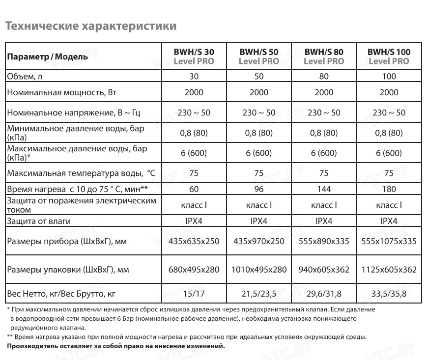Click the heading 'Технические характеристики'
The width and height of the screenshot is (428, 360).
click(90, 26)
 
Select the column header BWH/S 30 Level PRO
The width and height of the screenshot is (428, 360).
click(194, 56)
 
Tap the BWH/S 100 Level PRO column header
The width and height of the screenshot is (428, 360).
click(389, 56)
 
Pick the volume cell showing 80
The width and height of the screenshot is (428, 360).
click(324, 76)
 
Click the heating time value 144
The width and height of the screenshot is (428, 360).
click(324, 189)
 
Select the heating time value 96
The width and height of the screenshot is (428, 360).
click(259, 189)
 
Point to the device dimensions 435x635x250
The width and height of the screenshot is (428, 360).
click(194, 241)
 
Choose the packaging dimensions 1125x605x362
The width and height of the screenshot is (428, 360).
click(389, 270)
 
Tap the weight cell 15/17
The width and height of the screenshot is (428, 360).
click(194, 294)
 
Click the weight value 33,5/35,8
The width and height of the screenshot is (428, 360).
click(389, 294)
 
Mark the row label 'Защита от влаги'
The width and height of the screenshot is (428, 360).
click(38, 221)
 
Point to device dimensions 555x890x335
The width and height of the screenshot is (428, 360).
click(324, 241)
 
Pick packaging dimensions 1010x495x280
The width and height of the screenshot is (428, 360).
click(259, 270)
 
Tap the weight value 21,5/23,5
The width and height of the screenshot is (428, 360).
click(259, 294)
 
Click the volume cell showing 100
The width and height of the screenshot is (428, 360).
click(389, 76)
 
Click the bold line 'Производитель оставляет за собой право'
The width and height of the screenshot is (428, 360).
click(115, 346)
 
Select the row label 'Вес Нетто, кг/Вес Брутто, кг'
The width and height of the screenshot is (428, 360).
click(61, 294)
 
